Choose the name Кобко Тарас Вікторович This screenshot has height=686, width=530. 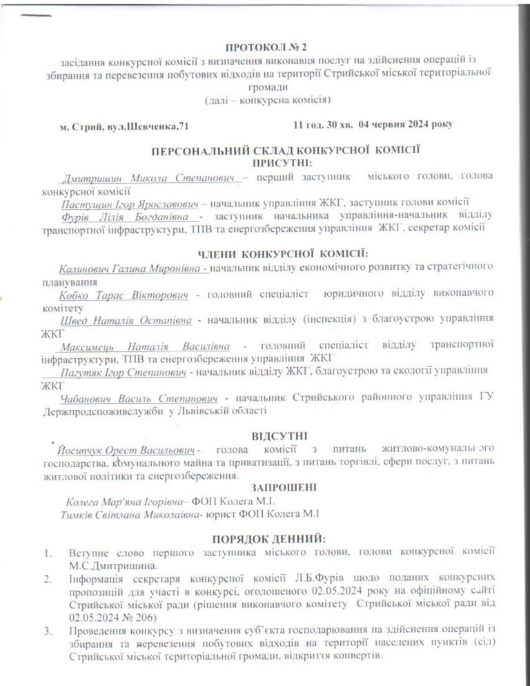(x=124, y=294)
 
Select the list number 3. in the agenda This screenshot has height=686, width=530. (x=47, y=629)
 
